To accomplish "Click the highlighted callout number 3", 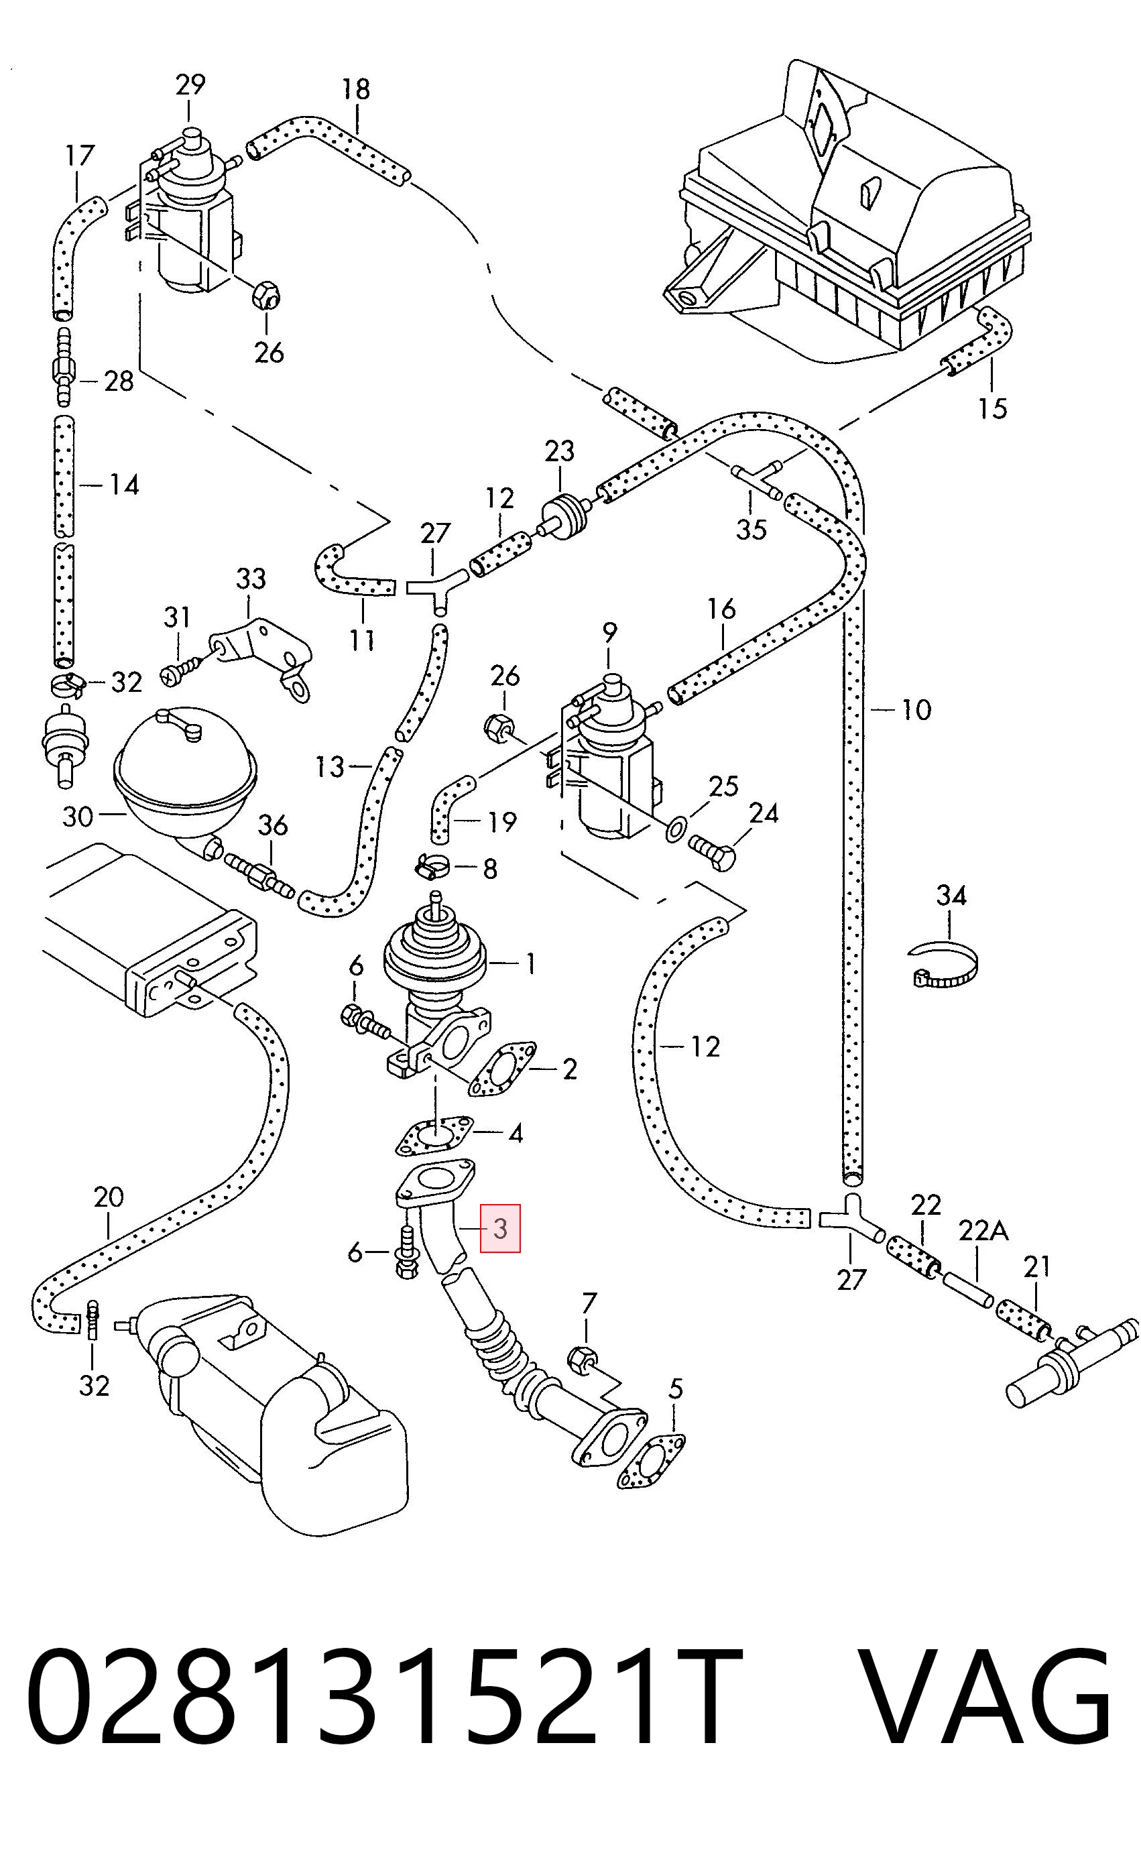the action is [x=501, y=1228].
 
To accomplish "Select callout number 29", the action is [x=190, y=84].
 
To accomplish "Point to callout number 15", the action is [x=992, y=408].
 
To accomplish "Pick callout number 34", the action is [x=951, y=896].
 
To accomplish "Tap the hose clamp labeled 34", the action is [x=943, y=963].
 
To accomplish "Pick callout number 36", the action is [x=272, y=825].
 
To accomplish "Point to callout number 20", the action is [x=109, y=1197].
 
